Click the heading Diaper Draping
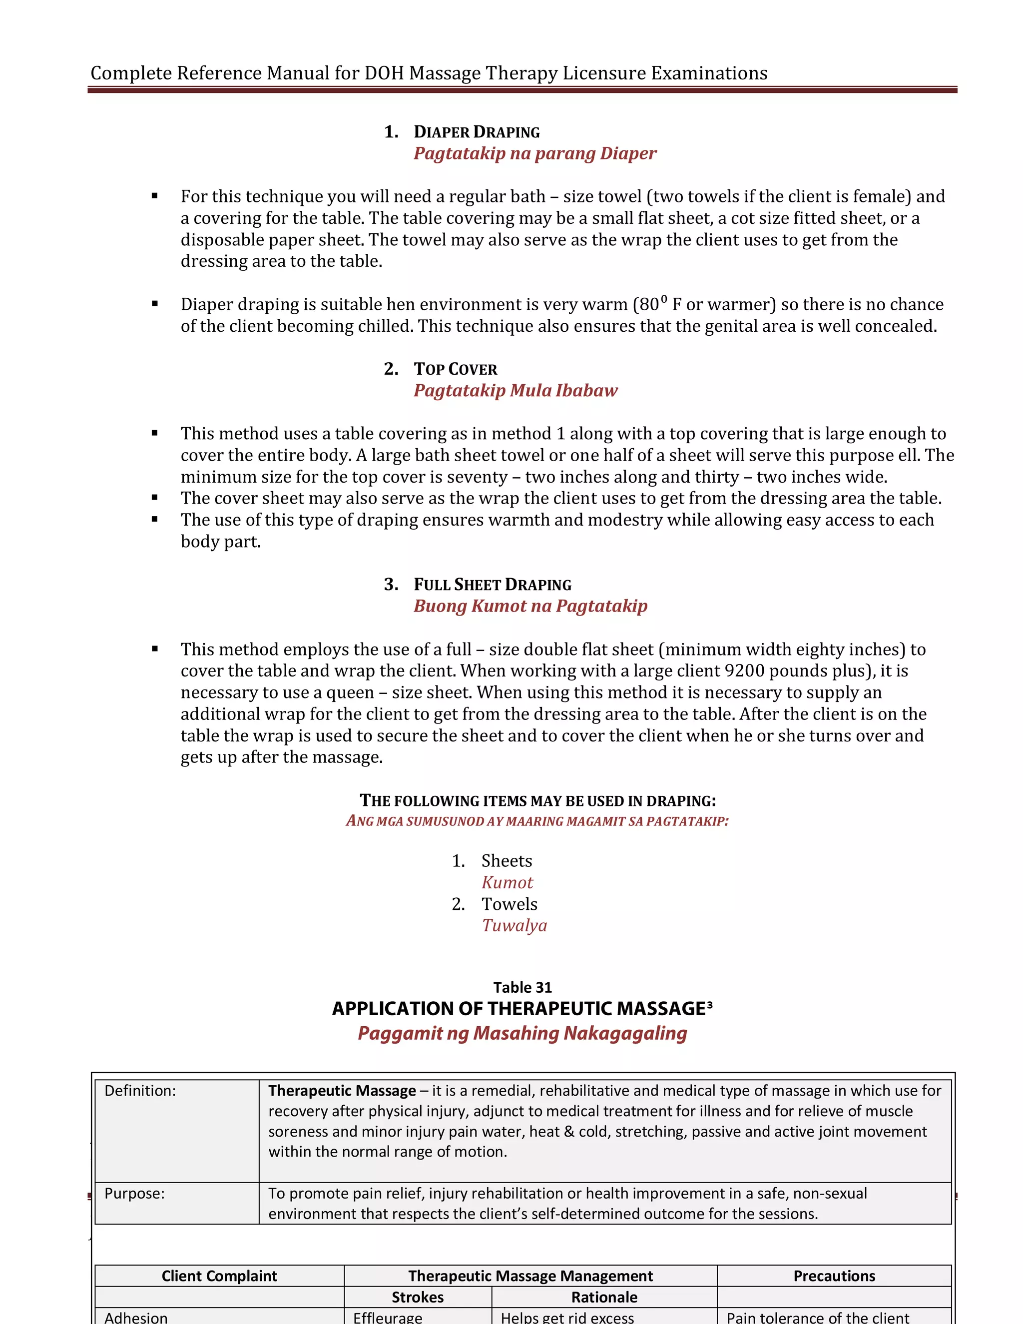pos(477,132)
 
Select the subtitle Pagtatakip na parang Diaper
pos(534,153)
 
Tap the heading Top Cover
pos(455,369)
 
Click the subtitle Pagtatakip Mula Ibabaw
pos(515,390)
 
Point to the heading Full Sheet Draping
pos(492,585)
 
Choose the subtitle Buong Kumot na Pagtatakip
pos(530,606)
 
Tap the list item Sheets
pos(507,861)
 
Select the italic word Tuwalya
pos(514,926)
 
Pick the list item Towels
pos(509,904)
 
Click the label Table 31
pos(522,988)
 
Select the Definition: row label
pos(140,1091)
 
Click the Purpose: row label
pos(134,1193)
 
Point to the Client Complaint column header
pos(219,1276)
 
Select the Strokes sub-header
pos(418,1298)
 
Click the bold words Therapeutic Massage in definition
pos(342,1091)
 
